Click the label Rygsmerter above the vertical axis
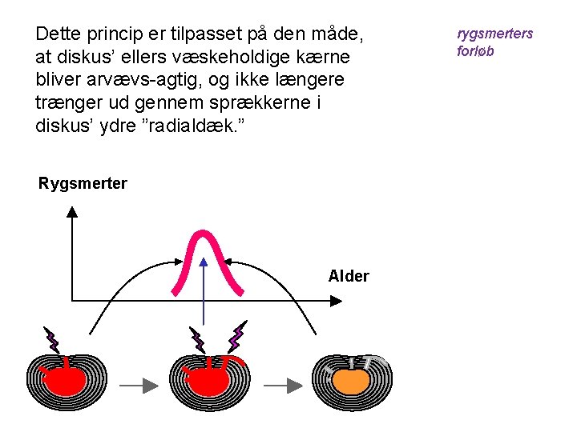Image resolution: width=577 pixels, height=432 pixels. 83,183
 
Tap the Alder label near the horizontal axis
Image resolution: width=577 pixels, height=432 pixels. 349,276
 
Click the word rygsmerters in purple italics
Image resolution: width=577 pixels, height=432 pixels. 494,34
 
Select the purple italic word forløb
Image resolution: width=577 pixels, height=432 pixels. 475,50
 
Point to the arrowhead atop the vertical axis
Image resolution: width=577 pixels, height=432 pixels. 72,211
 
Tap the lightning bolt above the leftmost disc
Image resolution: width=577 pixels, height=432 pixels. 52,340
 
